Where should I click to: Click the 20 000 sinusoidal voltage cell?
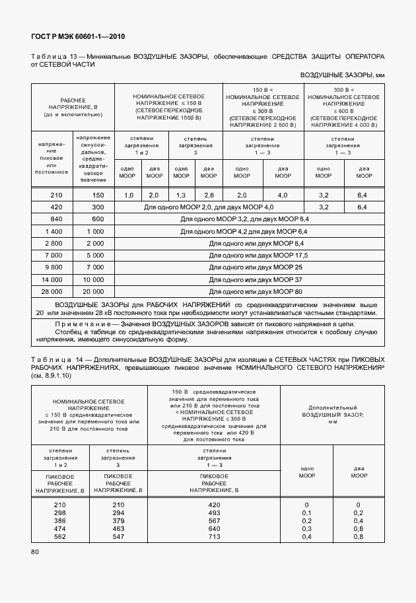tap(94, 291)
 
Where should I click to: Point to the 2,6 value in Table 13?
tap(209, 195)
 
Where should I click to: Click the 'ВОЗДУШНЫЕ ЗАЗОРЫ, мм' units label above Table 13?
tap(342, 76)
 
